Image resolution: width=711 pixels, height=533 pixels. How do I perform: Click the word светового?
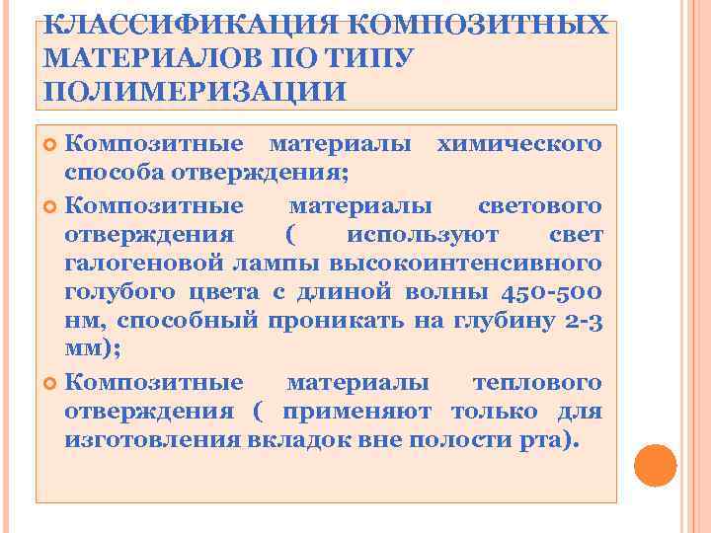[x=539, y=205]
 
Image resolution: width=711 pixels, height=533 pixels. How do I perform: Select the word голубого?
[x=113, y=292]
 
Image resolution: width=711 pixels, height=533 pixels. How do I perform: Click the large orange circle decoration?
[x=655, y=465]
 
